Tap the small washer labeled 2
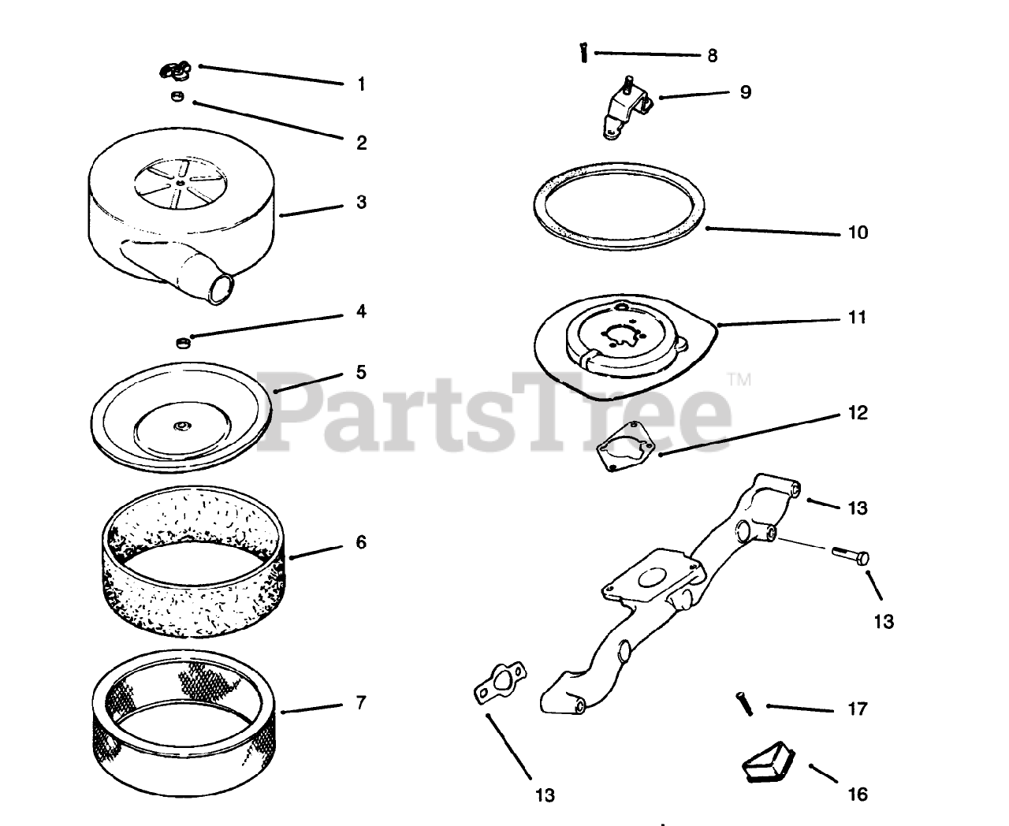(x=177, y=96)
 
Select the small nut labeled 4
(x=183, y=342)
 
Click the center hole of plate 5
(x=181, y=426)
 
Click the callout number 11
(x=858, y=318)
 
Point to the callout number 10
(x=858, y=233)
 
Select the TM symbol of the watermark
(x=739, y=380)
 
